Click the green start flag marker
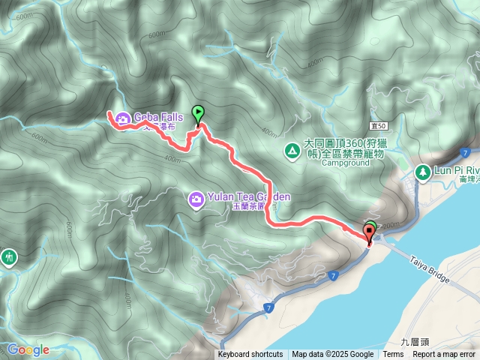(x=198, y=114)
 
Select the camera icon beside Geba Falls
(x=121, y=117)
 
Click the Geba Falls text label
(x=158, y=117)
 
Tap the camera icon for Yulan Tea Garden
(x=195, y=198)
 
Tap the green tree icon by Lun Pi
(x=422, y=172)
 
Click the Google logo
(x=28, y=349)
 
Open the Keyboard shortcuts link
(x=250, y=355)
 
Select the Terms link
(x=393, y=355)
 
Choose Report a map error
(x=444, y=355)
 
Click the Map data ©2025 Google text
(x=332, y=355)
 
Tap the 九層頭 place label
(x=415, y=341)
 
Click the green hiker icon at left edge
(x=8, y=257)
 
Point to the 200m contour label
(x=391, y=224)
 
